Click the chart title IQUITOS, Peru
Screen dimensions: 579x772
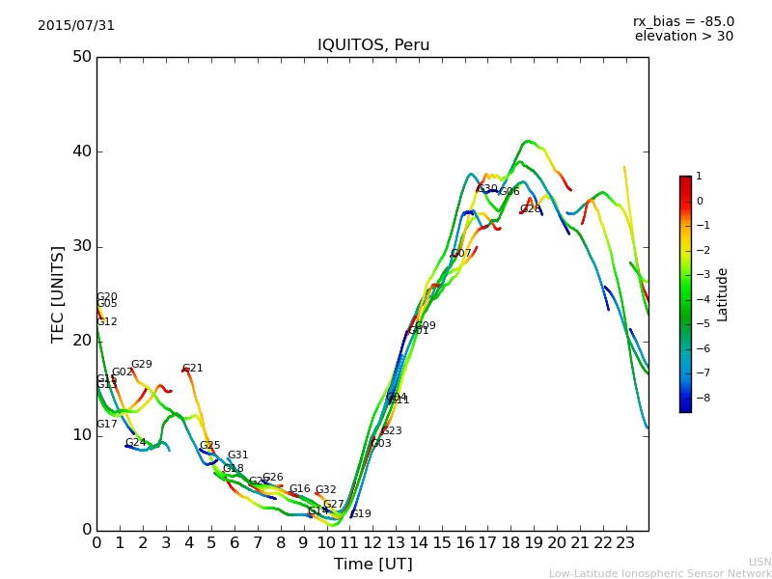pyautogui.click(x=373, y=45)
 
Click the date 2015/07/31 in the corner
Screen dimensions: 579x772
pyautogui.click(x=76, y=26)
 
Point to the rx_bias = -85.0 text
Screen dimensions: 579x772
pyautogui.click(x=683, y=21)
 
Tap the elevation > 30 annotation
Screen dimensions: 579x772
pyautogui.click(x=683, y=37)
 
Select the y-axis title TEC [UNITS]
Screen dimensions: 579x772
pyautogui.click(x=58, y=293)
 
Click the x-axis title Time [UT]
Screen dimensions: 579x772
pyautogui.click(x=372, y=565)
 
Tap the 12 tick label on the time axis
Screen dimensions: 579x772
pyautogui.click(x=373, y=543)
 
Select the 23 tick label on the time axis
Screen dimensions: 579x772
pyautogui.click(x=626, y=543)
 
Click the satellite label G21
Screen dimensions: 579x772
pyautogui.click(x=192, y=369)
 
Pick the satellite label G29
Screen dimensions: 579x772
pyautogui.click(x=141, y=365)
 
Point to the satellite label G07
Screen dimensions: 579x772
pyautogui.click(x=461, y=254)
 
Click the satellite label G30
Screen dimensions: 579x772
pyautogui.click(x=487, y=189)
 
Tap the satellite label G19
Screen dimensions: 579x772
pyautogui.click(x=360, y=514)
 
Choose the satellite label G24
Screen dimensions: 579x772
pyautogui.click(x=135, y=443)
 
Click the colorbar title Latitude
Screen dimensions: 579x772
pyautogui.click(x=723, y=294)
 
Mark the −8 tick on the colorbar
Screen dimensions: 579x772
pyautogui.click(x=699, y=397)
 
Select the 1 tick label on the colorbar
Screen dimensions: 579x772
pyautogui.click(x=699, y=177)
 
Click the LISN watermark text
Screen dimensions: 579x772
pyautogui.click(x=759, y=562)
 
